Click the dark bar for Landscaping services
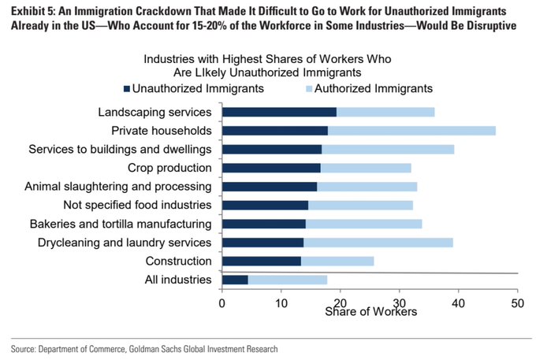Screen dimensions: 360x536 click(x=279, y=113)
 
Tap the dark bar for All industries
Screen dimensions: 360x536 click(x=235, y=280)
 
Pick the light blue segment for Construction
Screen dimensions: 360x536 click(x=337, y=261)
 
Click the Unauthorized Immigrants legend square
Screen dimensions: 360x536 click(x=126, y=88)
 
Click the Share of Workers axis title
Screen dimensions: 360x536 click(x=370, y=311)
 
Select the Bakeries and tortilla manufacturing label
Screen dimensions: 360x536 click(x=121, y=224)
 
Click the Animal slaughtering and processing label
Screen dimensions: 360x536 click(x=118, y=187)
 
